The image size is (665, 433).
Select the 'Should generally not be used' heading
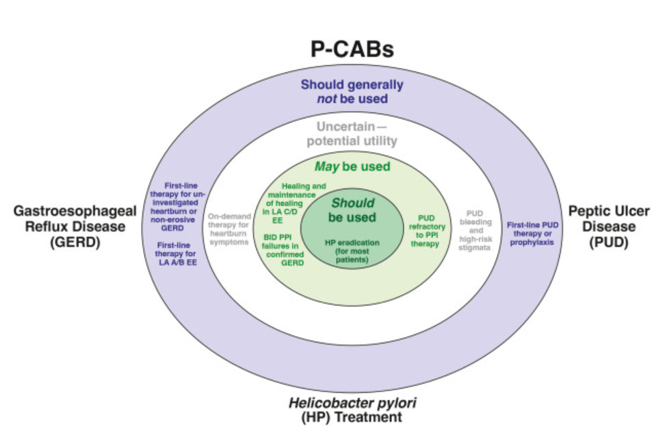pyautogui.click(x=352, y=92)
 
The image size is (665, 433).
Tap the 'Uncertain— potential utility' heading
pyautogui.click(x=356, y=134)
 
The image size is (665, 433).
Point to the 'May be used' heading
pyautogui.click(x=352, y=166)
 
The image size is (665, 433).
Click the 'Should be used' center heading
pyautogui.click(x=352, y=210)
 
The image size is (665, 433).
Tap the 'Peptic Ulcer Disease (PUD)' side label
pyautogui.click(x=608, y=226)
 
